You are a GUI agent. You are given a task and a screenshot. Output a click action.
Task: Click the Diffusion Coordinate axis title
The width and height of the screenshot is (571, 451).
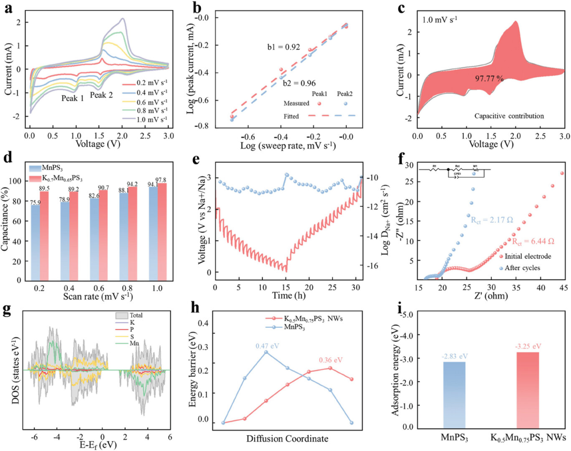287,439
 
